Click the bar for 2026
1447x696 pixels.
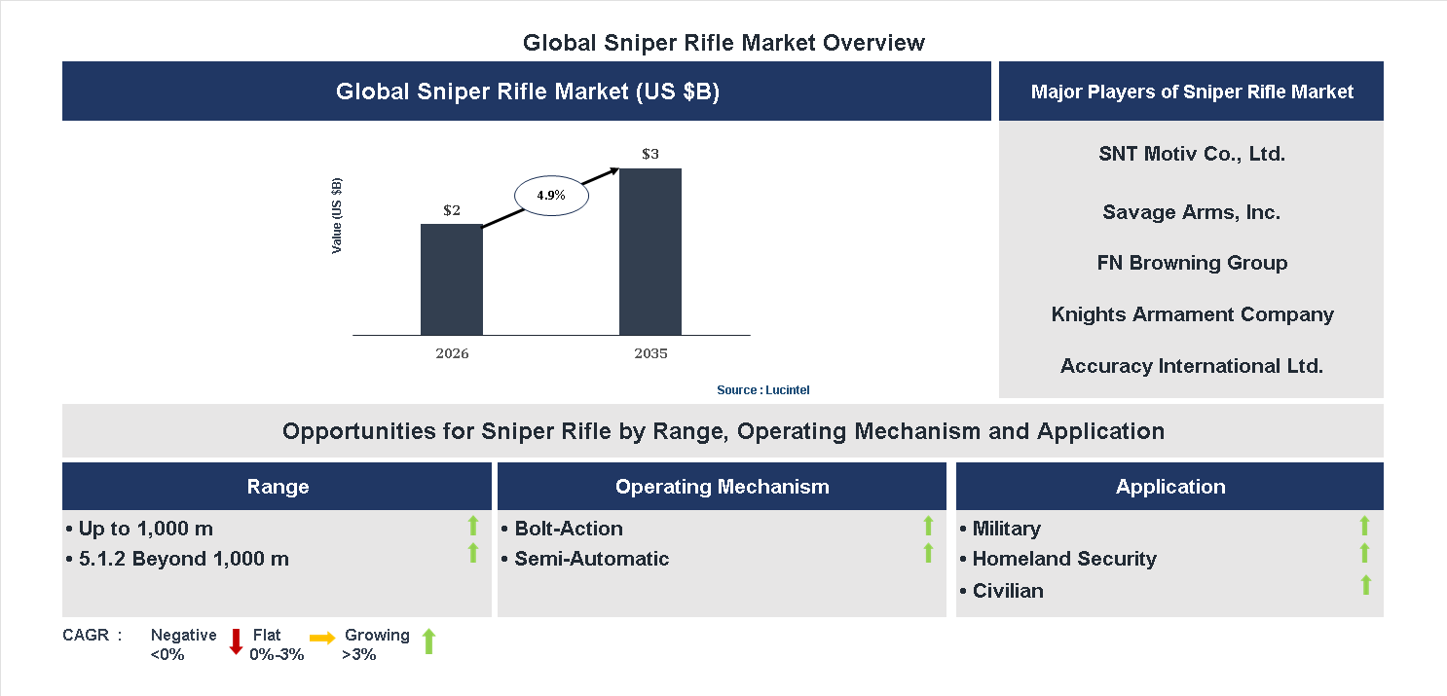451,279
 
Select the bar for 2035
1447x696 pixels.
649,251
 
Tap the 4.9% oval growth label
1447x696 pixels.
550,195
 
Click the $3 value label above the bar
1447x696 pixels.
649,154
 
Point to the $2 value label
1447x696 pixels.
451,210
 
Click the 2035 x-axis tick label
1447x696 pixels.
649,353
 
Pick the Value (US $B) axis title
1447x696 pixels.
337,216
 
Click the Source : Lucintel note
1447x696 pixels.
762,389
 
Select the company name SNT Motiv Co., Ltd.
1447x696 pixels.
1191,154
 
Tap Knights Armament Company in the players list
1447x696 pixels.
1191,314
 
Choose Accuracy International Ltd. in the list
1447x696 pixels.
1191,366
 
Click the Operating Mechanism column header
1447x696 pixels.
722,487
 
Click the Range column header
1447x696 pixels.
278,487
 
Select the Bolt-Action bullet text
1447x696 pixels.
569,529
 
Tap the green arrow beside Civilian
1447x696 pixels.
1365,585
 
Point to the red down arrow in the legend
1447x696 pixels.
236,641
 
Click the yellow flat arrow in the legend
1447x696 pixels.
322,639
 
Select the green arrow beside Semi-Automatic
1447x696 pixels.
928,554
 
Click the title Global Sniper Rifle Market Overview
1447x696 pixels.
723,43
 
